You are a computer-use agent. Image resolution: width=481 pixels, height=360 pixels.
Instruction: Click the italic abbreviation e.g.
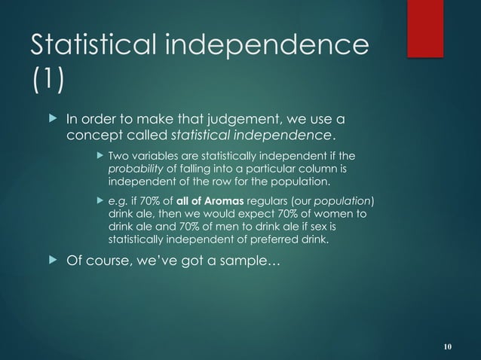[x=119, y=202]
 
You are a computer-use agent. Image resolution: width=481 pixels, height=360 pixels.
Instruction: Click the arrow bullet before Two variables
[x=100, y=157]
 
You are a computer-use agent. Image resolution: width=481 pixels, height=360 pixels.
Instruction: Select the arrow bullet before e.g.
[x=100, y=202]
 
